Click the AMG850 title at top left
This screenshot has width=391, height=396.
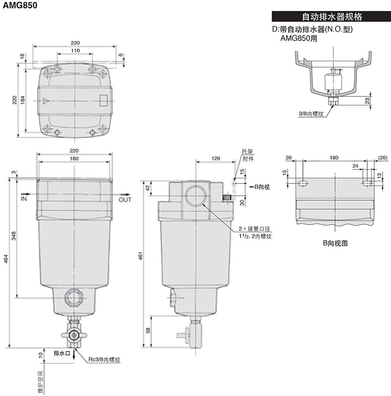(x=20, y=5)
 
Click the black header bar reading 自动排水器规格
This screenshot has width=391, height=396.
(x=331, y=16)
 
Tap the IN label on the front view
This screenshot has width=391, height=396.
(x=24, y=199)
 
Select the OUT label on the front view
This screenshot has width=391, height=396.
(x=125, y=200)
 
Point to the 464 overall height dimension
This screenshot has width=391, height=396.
(x=6, y=259)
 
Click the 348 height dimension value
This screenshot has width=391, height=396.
(x=14, y=236)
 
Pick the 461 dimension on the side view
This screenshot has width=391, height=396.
(x=141, y=255)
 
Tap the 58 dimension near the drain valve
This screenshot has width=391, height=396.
(x=148, y=330)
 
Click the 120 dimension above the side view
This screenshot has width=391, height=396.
(x=216, y=158)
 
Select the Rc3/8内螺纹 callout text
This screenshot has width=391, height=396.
(x=104, y=359)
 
